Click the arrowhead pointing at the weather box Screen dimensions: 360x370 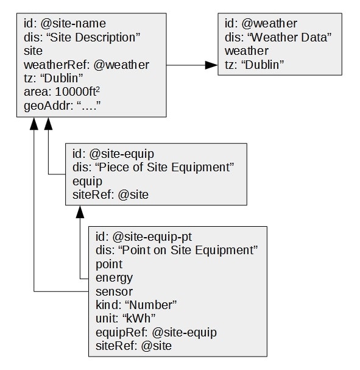[211, 65]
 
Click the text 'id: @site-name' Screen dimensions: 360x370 [65, 23]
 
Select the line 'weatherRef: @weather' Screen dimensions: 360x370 [86, 65]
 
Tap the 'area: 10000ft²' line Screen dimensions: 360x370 [62, 91]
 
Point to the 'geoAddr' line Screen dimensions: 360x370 [62, 105]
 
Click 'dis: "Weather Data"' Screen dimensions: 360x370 [278, 37]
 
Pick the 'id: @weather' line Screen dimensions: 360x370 [261, 23]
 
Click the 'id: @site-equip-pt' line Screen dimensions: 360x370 [144, 237]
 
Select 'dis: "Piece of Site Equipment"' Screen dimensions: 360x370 [154, 167]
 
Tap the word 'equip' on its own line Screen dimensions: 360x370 [87, 182]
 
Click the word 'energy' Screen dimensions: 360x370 [114, 278]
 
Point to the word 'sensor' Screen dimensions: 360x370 [114, 291]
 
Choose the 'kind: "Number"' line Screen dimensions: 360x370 [136, 305]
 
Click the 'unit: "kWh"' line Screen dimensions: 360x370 [125, 319]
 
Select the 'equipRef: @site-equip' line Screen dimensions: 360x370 [156, 332]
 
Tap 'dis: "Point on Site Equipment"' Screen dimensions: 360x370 [177, 250]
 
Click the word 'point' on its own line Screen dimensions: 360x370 [109, 265]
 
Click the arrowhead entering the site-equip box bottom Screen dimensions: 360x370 [80, 212]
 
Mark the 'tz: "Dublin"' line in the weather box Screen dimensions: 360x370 [255, 65]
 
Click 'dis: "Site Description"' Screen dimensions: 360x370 [82, 37]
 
